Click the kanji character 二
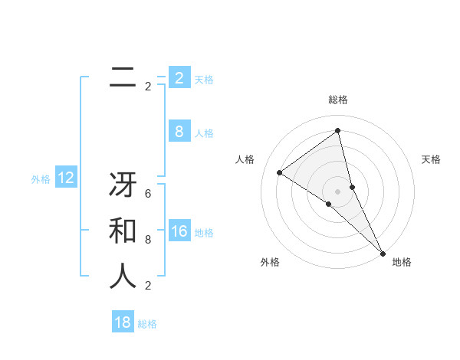123,77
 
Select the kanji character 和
123,231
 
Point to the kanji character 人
123,276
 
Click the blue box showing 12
66,178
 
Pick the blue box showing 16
179,232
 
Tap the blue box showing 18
123,322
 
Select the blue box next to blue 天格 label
179,78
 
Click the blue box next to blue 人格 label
179,132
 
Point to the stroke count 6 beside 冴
148,194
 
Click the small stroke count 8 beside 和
148,240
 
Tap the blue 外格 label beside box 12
41,179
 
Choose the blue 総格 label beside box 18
147,324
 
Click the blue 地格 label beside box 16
204,233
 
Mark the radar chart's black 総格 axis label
337,100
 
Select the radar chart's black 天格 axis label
431,159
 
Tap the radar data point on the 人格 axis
279,172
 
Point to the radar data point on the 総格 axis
337,131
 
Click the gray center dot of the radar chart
337,191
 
